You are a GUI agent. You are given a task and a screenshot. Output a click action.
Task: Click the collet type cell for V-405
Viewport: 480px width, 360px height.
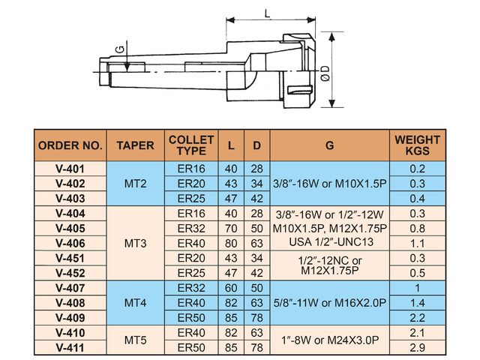coord(190,229)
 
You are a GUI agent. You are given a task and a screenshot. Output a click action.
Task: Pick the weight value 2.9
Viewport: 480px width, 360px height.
coord(418,347)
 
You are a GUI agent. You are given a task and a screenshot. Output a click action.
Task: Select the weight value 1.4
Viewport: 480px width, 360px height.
coord(418,302)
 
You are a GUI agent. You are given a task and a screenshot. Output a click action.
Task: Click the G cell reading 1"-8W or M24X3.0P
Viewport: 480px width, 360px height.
coord(329,340)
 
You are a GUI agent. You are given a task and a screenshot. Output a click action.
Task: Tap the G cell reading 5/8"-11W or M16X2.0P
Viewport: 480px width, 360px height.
coord(329,302)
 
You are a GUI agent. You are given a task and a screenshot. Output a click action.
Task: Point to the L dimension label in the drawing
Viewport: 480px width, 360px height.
coord(268,13)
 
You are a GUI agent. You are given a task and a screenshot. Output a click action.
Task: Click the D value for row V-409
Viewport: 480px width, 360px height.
coord(257,317)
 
